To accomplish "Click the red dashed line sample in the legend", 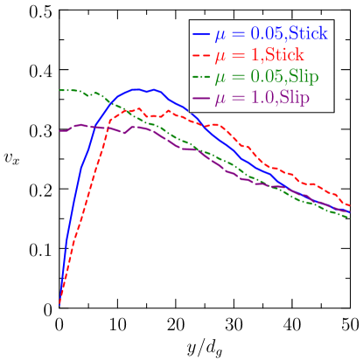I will pos(201,56).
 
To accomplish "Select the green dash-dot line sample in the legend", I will pos(201,77).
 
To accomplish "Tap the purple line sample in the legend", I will pos(201,98).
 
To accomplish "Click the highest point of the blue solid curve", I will pos(138,89).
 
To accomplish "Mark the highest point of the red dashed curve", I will pos(138,109).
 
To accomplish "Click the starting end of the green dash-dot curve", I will pos(59,90).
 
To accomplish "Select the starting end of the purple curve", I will pos(59,131).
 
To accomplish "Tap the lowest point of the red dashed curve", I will pos(59,304).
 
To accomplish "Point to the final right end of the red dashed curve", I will pos(349,205).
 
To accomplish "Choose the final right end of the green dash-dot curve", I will pos(349,216).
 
